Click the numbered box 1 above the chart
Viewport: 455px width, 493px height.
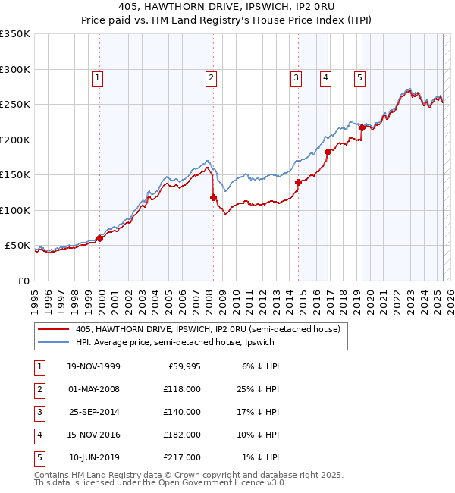[x=99, y=77]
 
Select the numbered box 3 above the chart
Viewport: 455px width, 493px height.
[x=296, y=77]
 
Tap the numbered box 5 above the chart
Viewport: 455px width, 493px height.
[x=359, y=77]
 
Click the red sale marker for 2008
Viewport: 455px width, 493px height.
[x=213, y=197]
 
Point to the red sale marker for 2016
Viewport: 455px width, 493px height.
[x=328, y=152]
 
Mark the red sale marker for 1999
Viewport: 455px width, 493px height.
[x=100, y=238]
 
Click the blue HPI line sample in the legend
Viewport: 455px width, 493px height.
[x=54, y=342]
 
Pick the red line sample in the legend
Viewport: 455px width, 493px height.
[x=54, y=329]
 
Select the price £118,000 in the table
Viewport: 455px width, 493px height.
[x=183, y=389]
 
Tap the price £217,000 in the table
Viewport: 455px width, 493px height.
[x=183, y=457]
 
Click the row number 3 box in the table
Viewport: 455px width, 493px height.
[x=38, y=412]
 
